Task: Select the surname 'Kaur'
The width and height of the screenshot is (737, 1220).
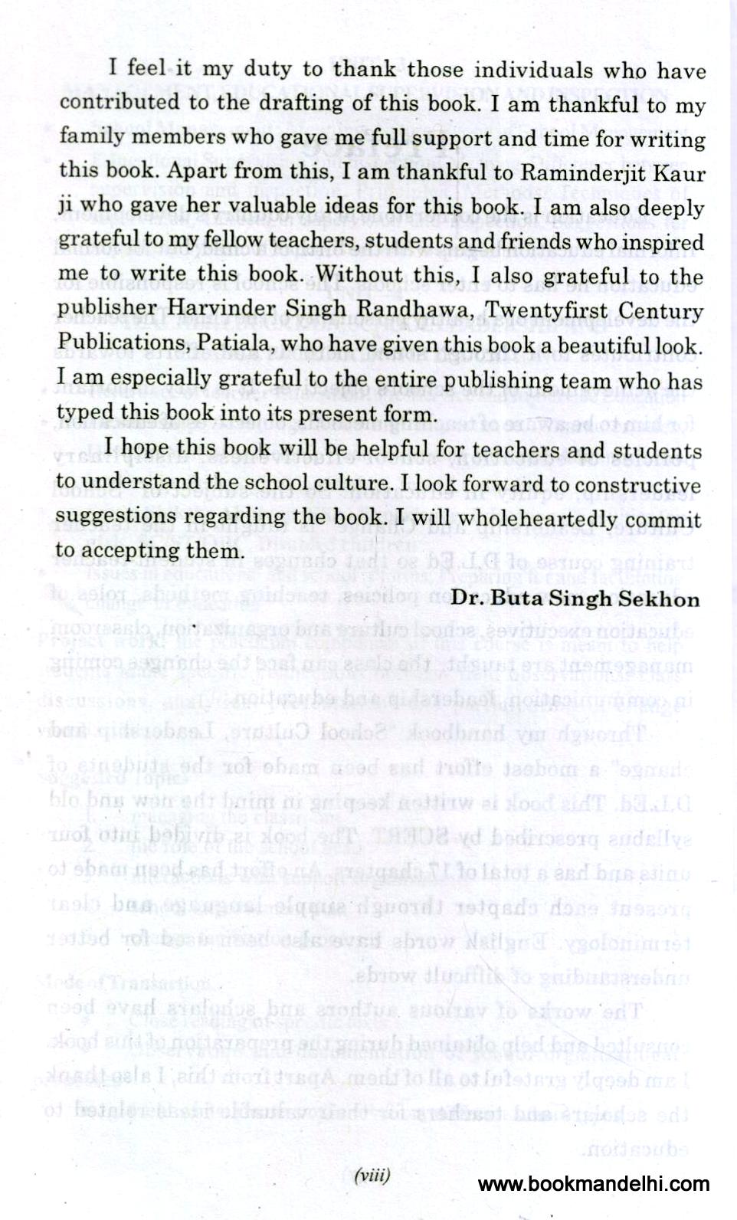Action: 677,174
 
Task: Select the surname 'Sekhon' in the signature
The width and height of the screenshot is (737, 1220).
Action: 660,599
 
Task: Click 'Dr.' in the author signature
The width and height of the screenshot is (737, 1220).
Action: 468,599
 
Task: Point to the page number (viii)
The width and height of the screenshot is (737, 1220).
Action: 372,1175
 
